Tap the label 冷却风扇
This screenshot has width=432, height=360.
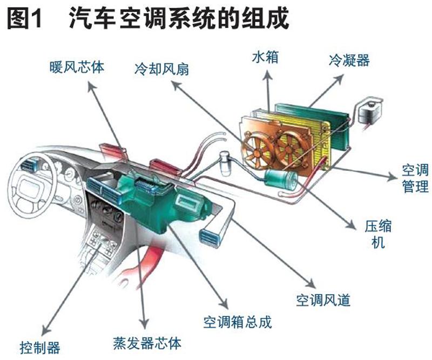pyautogui.click(x=162, y=69)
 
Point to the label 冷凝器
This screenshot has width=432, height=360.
pyautogui.click(x=349, y=60)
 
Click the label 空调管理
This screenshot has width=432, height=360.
pyautogui.click(x=415, y=179)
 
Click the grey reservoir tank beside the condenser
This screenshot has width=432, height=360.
pyautogui.click(x=370, y=111)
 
